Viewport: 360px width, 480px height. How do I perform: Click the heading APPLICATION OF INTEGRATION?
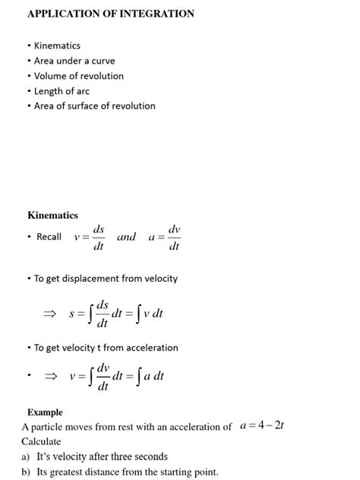[x=111, y=14]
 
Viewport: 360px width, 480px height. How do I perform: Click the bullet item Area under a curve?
[x=74, y=61]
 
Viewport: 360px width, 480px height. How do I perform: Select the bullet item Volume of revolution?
[x=78, y=76]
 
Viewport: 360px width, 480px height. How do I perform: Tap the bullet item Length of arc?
[x=62, y=91]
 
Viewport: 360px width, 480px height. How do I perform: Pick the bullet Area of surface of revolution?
[x=94, y=106]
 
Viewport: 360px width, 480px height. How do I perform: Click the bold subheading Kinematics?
[x=52, y=216]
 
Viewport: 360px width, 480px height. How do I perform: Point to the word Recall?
[x=49, y=237]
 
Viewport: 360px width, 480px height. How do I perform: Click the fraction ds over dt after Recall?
[x=98, y=237]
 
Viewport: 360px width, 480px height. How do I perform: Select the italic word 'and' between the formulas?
[x=126, y=237]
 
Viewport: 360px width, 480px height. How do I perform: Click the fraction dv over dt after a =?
[x=174, y=237]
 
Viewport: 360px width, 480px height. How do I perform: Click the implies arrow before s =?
[x=49, y=313]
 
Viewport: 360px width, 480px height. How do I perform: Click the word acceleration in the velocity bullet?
[x=150, y=348]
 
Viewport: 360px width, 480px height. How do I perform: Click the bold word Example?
[x=45, y=412]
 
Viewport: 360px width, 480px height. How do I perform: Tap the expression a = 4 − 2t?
[x=261, y=426]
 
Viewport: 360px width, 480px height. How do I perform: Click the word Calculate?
[x=41, y=441]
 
